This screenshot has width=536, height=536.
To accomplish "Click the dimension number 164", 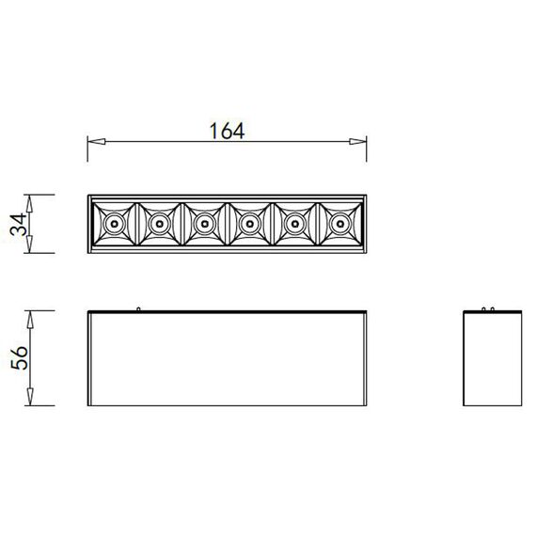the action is click(227, 131).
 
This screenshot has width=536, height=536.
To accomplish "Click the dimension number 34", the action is click(18, 224).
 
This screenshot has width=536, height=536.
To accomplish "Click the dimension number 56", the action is click(19, 357).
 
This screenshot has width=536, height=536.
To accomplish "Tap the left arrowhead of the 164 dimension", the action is click(97, 141).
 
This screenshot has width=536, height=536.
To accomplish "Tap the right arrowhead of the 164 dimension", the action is click(357, 141).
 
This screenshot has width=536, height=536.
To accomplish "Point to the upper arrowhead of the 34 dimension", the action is click(29, 203).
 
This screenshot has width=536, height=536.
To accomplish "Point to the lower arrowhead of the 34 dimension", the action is click(29, 244).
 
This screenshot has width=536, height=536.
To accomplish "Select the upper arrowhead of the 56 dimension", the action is click(30, 320).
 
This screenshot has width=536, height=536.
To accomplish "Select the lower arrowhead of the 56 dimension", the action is click(30, 397).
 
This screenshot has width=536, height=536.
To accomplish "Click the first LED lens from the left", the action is click(114, 224).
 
